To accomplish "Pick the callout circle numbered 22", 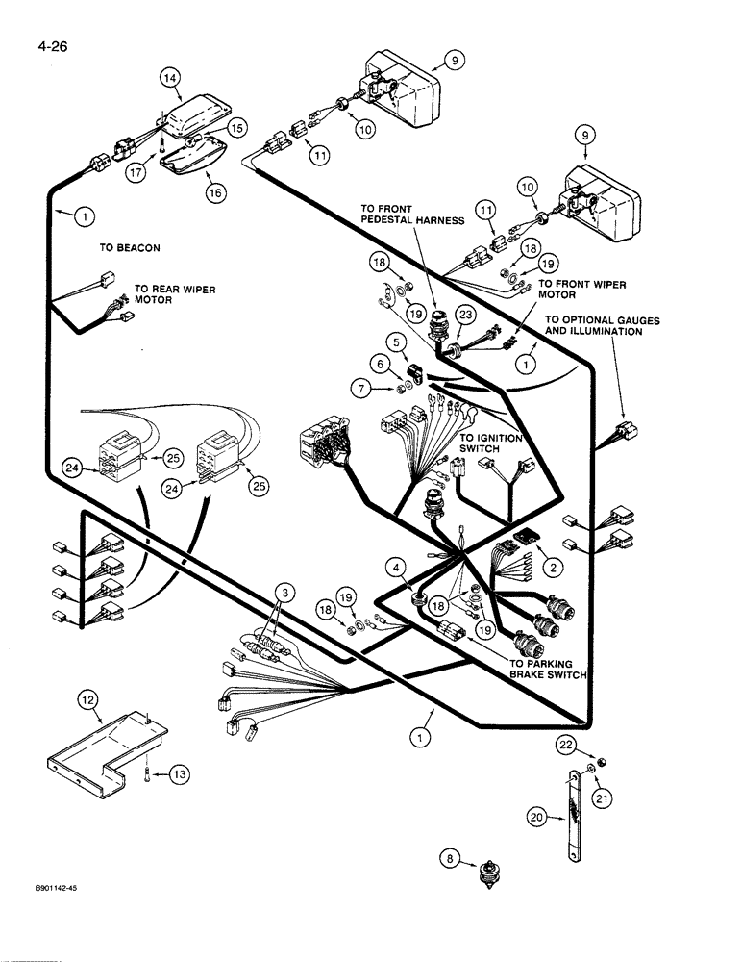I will tap(568, 747).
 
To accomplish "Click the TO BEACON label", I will tap(130, 247).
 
